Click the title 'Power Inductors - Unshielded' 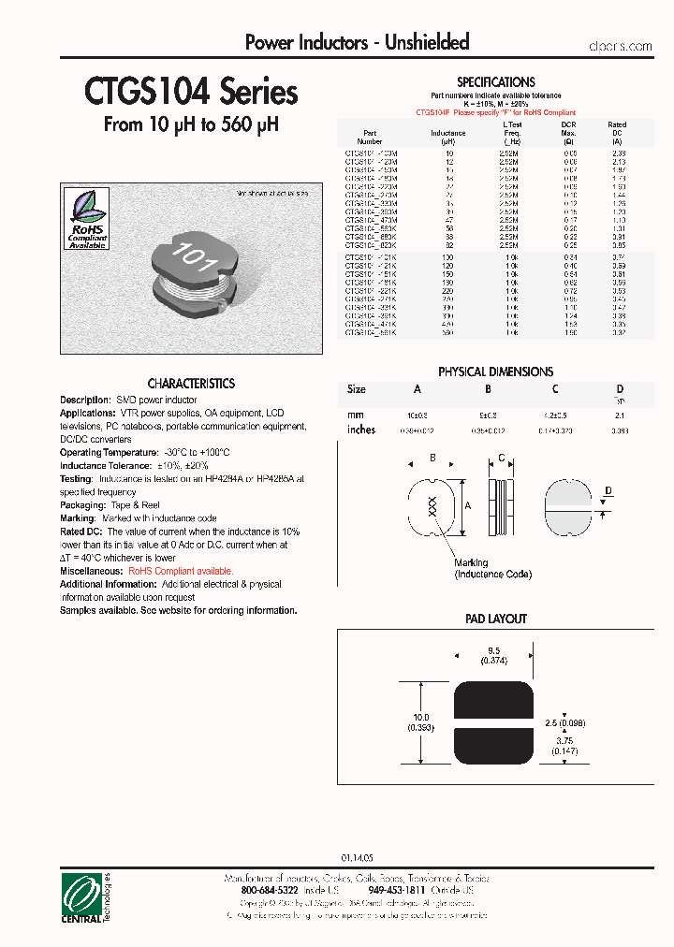pyautogui.click(x=357, y=42)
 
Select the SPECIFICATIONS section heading pyautogui.click(x=495, y=82)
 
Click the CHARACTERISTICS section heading pyautogui.click(x=191, y=384)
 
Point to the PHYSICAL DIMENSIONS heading pyautogui.click(x=495, y=372)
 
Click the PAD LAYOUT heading pyautogui.click(x=495, y=619)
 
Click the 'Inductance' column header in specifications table pyautogui.click(x=447, y=134)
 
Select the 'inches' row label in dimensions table pyautogui.click(x=360, y=430)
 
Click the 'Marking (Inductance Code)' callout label pyautogui.click(x=492, y=568)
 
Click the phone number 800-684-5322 pyautogui.click(x=269, y=891)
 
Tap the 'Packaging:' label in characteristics pyautogui.click(x=83, y=504)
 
